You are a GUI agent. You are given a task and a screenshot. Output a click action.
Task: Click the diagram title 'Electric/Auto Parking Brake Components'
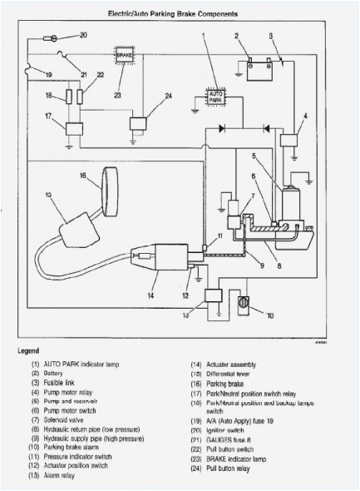180,14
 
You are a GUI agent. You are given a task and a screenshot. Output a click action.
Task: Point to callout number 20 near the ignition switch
82,35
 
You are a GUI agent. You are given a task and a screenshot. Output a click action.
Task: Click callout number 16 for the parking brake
83,176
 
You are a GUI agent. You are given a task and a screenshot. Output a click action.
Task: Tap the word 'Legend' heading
28,350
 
